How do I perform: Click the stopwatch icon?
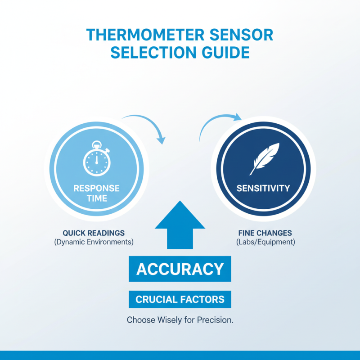click(96, 160)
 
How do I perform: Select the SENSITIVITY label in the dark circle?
click(263, 188)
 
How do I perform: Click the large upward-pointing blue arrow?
click(180, 225)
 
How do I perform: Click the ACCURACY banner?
click(180, 269)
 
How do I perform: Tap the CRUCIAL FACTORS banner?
click(180, 299)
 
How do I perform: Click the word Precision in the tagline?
click(217, 321)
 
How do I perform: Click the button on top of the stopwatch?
click(96, 144)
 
